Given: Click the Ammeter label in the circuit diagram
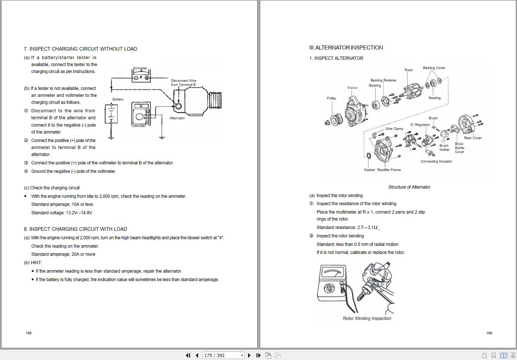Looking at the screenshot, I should (x=140, y=68).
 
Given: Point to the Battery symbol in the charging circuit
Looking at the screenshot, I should (x=111, y=114).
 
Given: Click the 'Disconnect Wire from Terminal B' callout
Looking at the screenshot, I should (x=183, y=83).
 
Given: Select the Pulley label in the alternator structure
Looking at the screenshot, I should (x=331, y=98).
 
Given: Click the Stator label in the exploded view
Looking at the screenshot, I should (x=352, y=88).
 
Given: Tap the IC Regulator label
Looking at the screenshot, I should (x=420, y=125).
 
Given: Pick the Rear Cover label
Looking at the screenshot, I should (x=473, y=138).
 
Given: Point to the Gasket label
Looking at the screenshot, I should (x=369, y=170).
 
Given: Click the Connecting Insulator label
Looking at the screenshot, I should (x=436, y=161).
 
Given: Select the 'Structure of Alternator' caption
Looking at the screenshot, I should (x=409, y=187).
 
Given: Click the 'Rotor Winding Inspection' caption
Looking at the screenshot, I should (x=367, y=319).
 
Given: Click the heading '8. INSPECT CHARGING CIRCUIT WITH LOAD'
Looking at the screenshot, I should (x=75, y=229).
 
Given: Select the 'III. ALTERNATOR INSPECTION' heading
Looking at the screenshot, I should (x=346, y=48).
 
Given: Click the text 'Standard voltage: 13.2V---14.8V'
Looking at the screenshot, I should (x=62, y=213).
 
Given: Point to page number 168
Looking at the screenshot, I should (x=29, y=333).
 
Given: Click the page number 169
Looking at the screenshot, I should (x=489, y=333).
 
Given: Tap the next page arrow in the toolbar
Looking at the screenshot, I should (x=250, y=355).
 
